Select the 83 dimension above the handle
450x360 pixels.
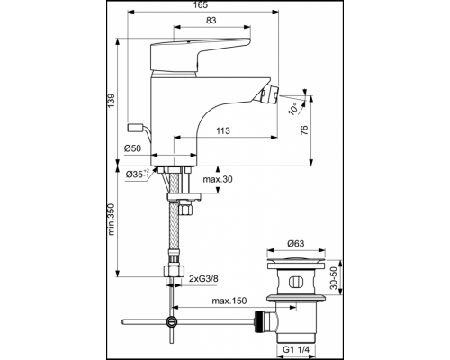pyautogui.click(x=211, y=20)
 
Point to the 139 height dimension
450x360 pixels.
pyautogui.click(x=111, y=101)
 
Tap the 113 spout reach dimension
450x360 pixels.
pyautogui.click(x=223, y=130)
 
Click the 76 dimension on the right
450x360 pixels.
pyautogui.click(x=304, y=130)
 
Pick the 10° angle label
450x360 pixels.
pyautogui.click(x=294, y=109)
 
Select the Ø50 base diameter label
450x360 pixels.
pyautogui.click(x=132, y=148)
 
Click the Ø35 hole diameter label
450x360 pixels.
pyautogui.click(x=138, y=174)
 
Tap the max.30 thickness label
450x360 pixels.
pyautogui.click(x=218, y=179)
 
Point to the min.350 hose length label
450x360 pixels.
pyautogui.click(x=112, y=220)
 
